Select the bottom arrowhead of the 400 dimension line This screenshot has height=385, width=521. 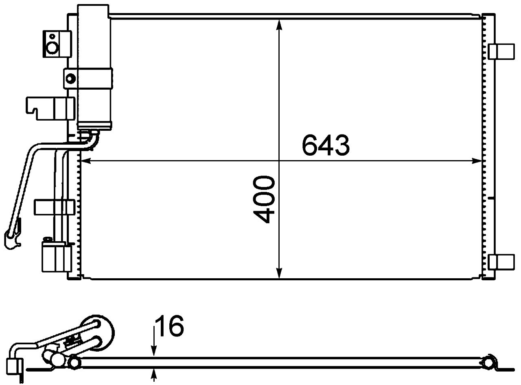279,273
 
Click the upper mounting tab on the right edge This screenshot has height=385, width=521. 497,51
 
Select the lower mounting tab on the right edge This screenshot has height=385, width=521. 497,262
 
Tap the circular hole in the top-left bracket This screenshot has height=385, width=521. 53,48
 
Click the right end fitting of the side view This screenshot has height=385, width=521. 488,362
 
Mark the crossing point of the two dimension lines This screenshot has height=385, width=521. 279,161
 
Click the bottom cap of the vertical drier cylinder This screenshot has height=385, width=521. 94,126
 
